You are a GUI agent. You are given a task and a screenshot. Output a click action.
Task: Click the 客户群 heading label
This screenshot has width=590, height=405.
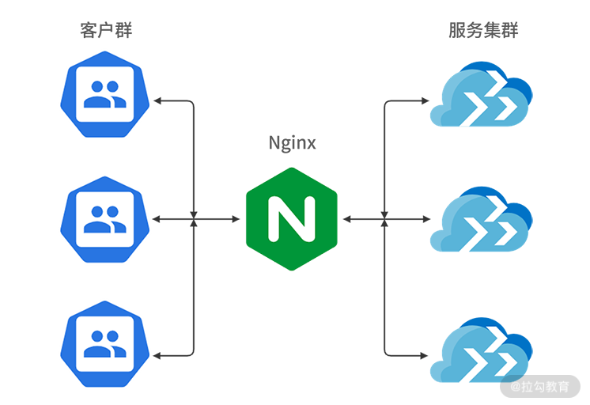[106, 31]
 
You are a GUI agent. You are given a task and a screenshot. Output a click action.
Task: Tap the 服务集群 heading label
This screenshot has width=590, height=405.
[483, 31]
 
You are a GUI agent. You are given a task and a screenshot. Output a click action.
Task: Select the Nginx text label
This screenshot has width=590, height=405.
[292, 143]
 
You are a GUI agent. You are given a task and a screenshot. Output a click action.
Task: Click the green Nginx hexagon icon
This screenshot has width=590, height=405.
[292, 218]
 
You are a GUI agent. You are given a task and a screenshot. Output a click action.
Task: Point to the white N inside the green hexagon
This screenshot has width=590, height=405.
[292, 218]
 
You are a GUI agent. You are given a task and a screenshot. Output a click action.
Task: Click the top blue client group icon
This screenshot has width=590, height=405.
[105, 94]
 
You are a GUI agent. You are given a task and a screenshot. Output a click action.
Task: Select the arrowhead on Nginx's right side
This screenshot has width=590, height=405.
[346, 218]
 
